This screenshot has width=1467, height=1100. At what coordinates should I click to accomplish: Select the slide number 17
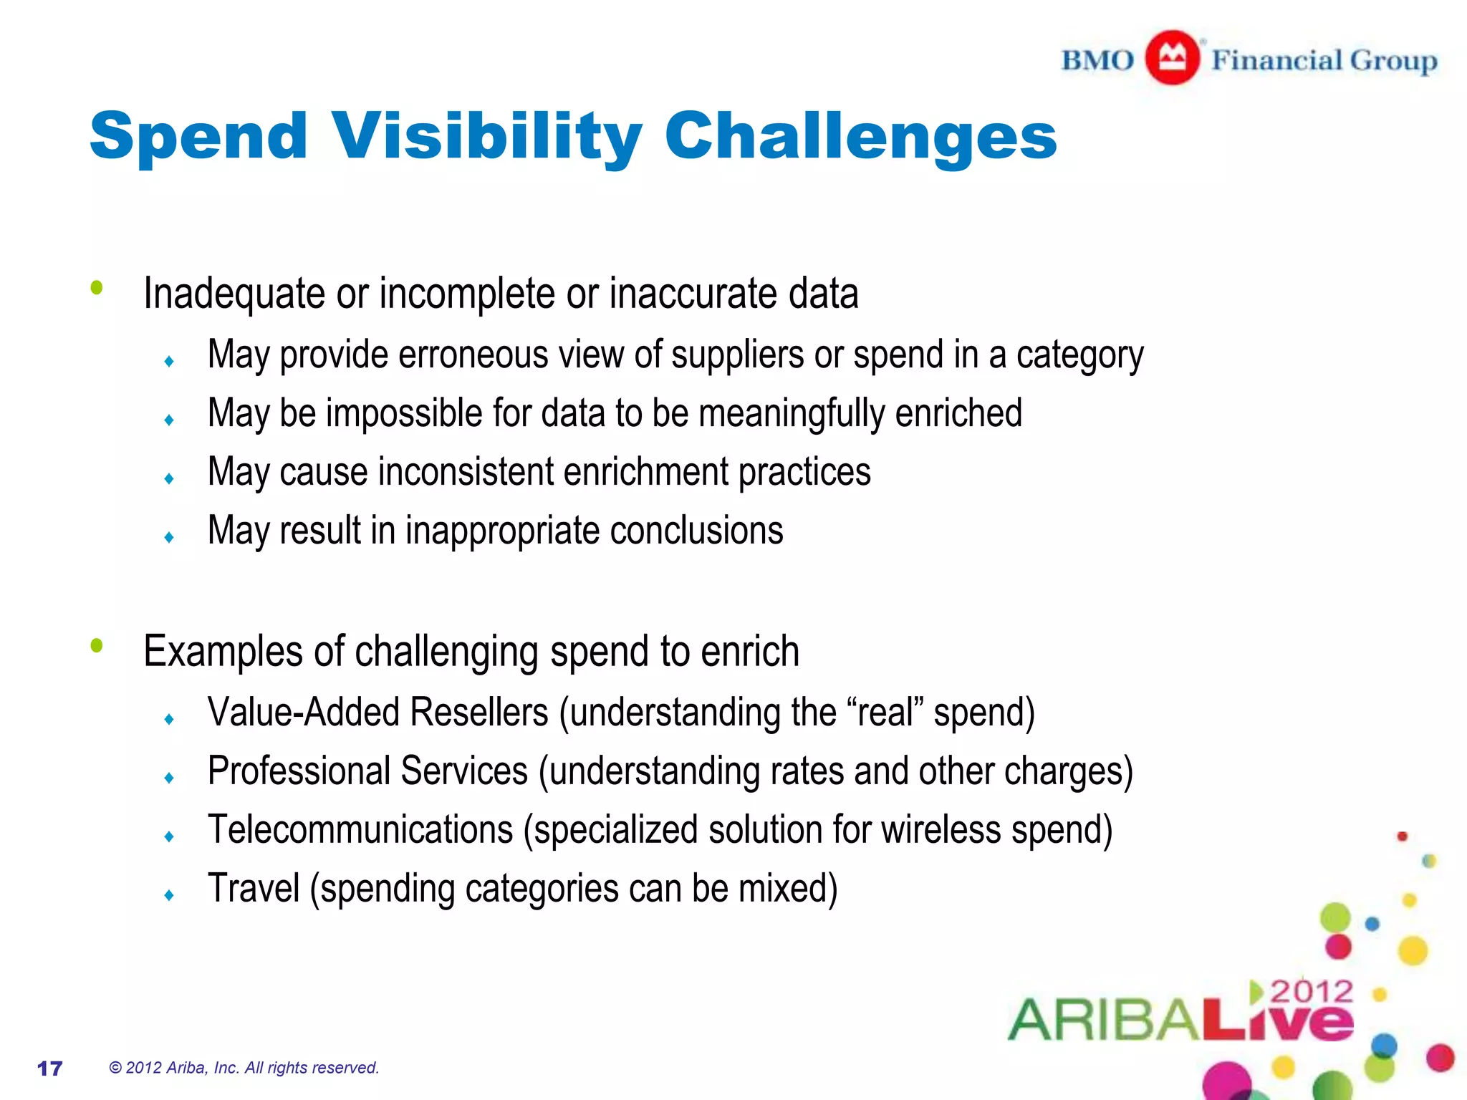(x=49, y=1068)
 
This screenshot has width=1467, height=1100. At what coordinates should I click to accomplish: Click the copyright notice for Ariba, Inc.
(x=244, y=1068)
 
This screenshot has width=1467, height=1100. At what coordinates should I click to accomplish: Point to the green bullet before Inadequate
(x=97, y=288)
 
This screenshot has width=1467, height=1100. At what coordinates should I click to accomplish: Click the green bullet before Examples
(x=97, y=646)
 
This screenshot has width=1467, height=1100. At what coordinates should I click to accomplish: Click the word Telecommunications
(x=360, y=830)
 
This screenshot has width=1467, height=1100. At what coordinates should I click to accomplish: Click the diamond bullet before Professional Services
(x=169, y=778)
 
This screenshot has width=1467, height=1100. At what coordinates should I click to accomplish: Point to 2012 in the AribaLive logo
(x=1311, y=991)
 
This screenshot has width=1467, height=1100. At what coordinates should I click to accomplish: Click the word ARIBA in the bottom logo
(x=1103, y=1020)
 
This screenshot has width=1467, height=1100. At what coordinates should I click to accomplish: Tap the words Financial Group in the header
(x=1324, y=60)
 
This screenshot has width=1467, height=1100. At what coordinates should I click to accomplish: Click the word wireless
(x=941, y=830)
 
